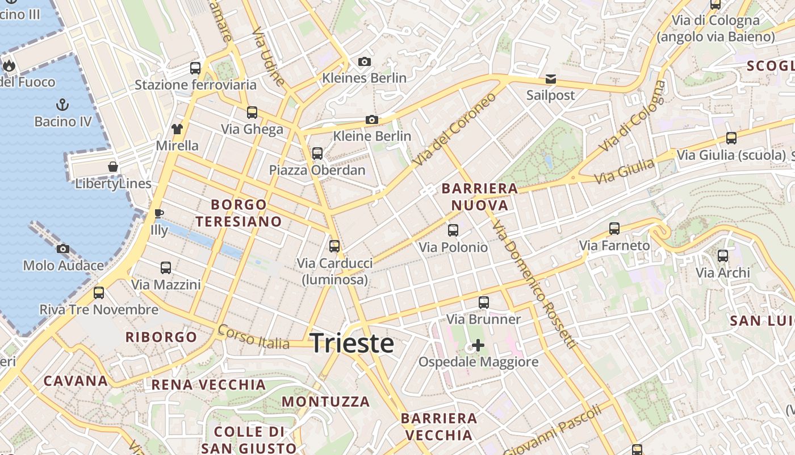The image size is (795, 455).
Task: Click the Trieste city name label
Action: (x=352, y=344)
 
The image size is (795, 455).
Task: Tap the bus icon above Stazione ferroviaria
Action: (x=195, y=68)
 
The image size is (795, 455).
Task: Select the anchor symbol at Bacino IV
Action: (x=62, y=105)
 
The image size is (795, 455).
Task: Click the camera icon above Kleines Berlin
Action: (x=365, y=61)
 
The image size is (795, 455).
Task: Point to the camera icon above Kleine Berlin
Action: (x=372, y=119)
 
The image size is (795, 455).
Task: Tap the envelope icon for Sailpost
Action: (x=551, y=78)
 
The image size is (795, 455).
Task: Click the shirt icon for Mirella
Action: (x=177, y=129)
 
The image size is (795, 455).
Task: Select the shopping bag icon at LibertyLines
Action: (x=113, y=167)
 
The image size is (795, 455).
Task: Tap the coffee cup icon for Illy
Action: (x=159, y=214)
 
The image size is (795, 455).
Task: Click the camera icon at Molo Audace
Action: (x=63, y=249)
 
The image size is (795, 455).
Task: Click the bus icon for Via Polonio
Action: (x=453, y=230)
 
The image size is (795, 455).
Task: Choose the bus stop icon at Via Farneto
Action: (x=614, y=229)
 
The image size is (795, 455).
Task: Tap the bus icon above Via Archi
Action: (x=723, y=256)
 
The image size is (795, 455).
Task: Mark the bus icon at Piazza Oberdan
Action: (x=317, y=153)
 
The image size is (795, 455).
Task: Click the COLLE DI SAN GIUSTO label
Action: (x=249, y=440)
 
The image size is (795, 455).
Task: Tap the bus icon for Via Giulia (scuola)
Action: (x=731, y=138)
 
